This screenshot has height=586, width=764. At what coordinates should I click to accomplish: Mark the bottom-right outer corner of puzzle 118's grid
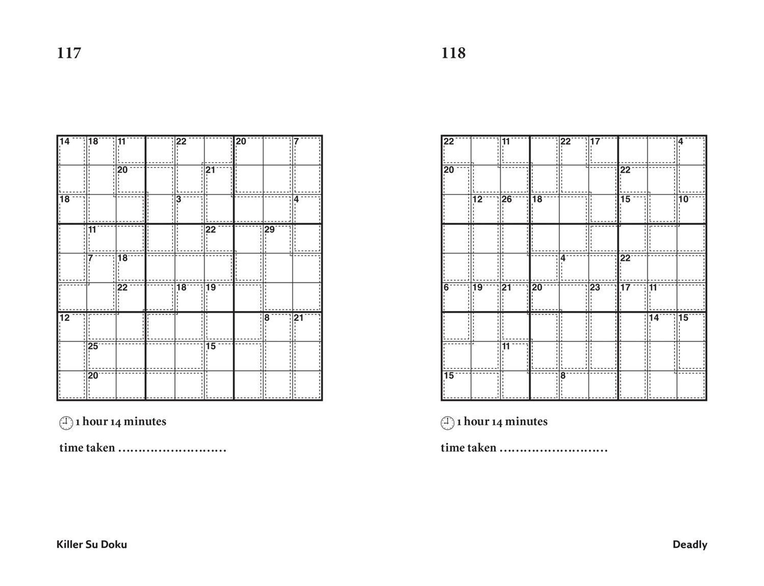coord(706,400)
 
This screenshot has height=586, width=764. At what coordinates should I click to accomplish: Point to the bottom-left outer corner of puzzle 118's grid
coord(442,400)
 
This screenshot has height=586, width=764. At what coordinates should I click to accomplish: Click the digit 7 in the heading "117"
coord(77,53)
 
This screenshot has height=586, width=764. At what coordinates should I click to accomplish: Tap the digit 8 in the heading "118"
coord(461,53)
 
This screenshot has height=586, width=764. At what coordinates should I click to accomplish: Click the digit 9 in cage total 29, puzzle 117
coord(272,229)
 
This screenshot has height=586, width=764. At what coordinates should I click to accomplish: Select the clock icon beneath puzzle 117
coord(66,423)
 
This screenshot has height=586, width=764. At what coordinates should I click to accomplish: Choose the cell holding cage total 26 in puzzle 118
coord(515,209)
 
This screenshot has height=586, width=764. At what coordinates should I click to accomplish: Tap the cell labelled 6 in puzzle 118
coord(456,297)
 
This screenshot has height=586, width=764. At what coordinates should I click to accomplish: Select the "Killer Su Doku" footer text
coord(92,545)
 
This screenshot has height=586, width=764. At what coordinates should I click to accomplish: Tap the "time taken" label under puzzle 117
coord(87,448)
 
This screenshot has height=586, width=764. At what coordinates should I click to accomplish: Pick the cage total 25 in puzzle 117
coord(93,346)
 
